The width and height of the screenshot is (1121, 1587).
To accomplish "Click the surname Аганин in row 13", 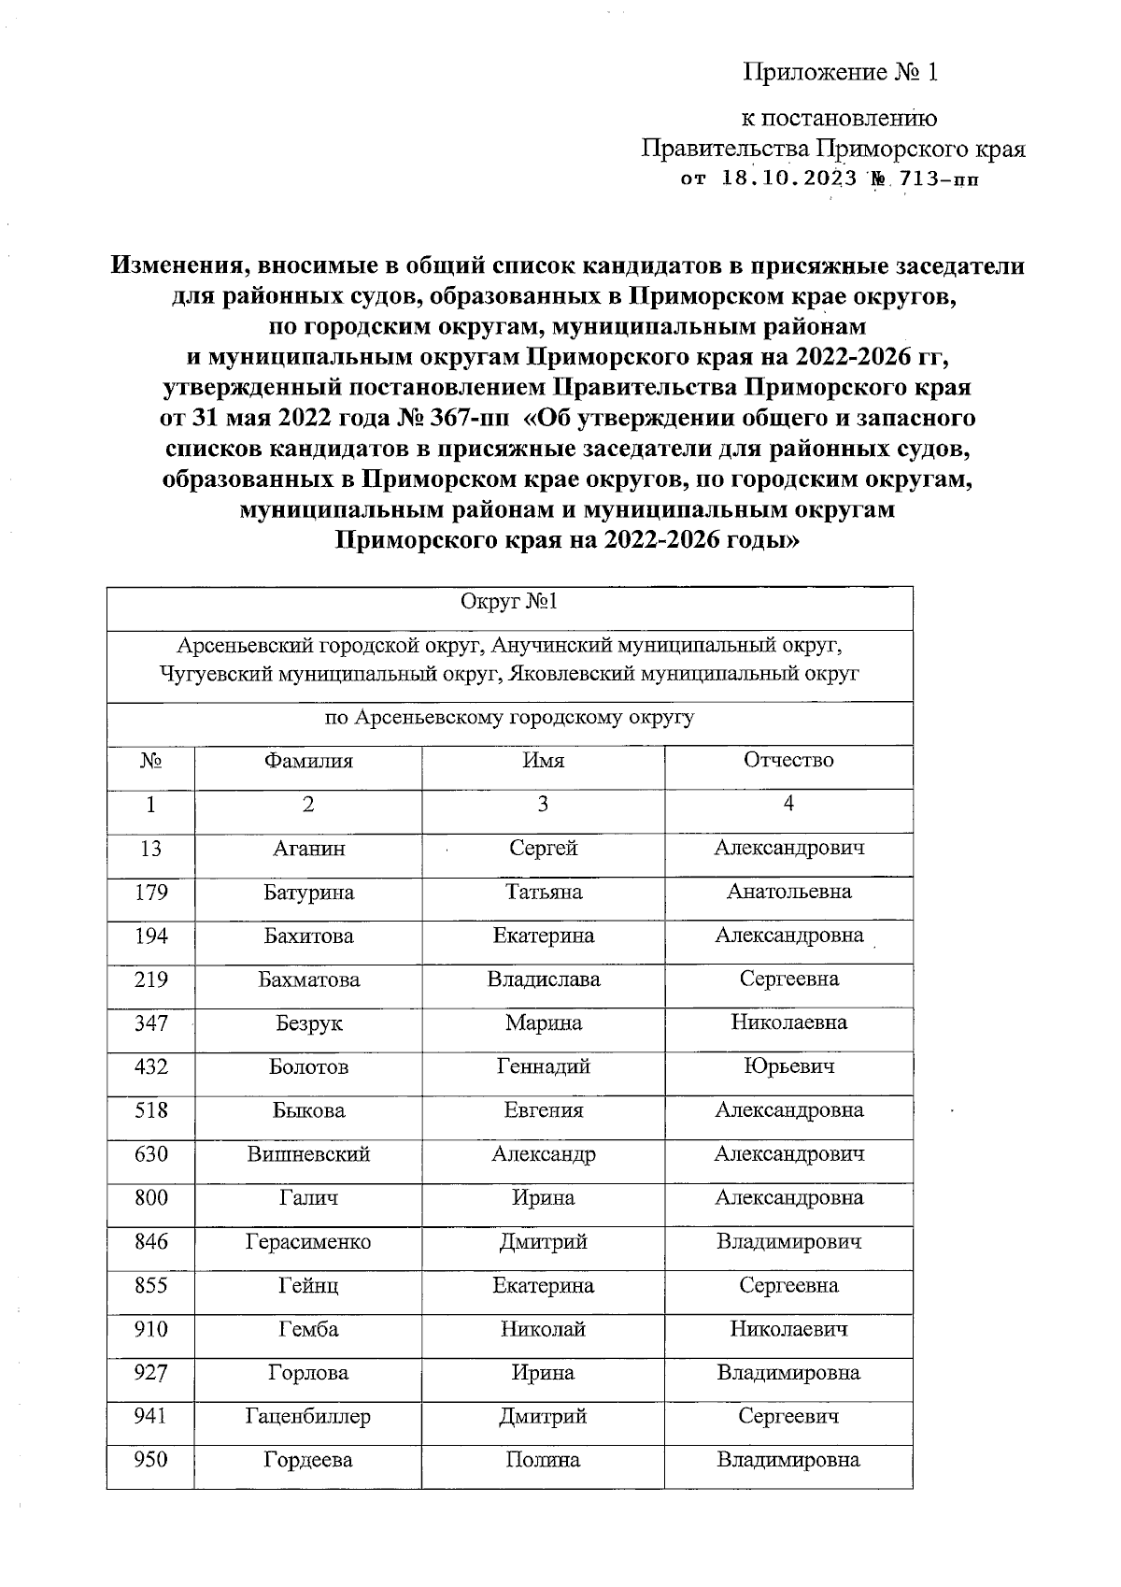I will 308,849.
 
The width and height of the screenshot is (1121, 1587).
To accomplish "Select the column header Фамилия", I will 308,761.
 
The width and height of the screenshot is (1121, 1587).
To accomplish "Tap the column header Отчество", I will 788,761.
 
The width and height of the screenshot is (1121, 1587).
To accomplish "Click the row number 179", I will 150,893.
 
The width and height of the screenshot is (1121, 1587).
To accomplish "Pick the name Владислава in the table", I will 543,980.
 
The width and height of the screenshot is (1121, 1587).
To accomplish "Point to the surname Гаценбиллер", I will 308,1418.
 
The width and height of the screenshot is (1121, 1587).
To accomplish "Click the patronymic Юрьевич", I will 788,1067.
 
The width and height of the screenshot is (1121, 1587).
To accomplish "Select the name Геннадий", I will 543,1067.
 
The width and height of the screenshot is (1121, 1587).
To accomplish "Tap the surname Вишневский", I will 308,1155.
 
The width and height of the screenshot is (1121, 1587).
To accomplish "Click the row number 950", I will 150,1461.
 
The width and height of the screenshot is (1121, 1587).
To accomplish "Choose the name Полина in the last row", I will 543,1461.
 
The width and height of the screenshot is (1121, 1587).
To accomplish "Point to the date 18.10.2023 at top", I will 789,179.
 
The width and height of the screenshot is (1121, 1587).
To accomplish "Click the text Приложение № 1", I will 840,73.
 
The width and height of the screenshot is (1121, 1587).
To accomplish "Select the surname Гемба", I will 308,1330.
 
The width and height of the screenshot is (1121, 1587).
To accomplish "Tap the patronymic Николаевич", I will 788,1330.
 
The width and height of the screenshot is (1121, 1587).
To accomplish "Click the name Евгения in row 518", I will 543,1111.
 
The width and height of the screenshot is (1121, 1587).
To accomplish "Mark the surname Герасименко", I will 308,1243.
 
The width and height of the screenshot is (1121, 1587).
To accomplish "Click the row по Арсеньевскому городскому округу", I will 509,719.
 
